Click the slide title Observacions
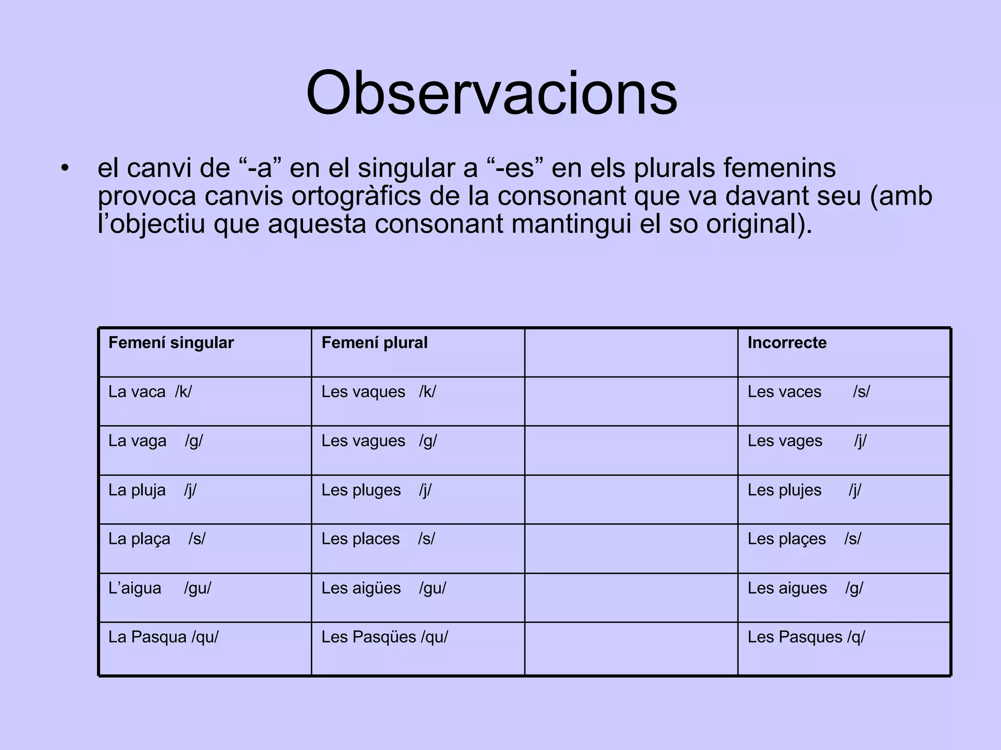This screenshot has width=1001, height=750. pos(491,93)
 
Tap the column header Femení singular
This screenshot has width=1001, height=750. pos(171,343)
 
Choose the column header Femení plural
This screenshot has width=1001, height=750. pos(374,343)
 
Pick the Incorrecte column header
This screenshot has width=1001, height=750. pos(787,343)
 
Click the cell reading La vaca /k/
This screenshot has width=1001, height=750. pos(150,392)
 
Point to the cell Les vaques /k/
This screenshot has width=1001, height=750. pos(378,392)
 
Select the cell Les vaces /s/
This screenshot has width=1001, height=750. pos(808,392)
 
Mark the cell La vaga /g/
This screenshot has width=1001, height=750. pos(155,441)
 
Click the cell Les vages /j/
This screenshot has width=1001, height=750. pos(807,441)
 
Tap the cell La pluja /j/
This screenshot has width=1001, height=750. pos(152,490)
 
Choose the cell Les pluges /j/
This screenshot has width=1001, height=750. pos(376,490)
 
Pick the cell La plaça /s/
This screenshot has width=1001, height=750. pos(157,539)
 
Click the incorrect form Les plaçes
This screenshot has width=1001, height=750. pos(786,539)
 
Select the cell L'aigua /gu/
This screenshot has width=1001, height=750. pos(160,588)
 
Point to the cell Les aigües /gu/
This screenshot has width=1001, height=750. pos(384,588)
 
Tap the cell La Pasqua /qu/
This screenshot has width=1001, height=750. pos(163,637)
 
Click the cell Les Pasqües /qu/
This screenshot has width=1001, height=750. pos(385,637)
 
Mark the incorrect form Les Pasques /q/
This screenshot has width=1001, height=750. pos(806,637)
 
